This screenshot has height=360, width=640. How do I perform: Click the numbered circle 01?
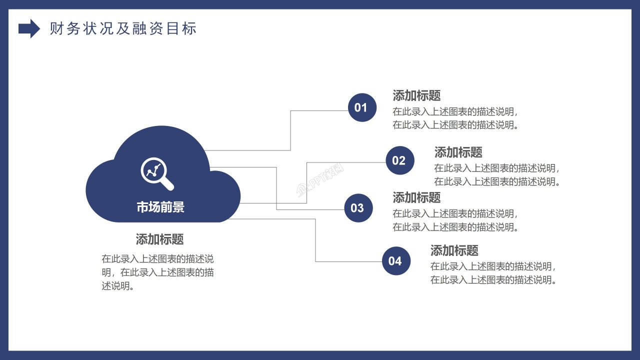[362, 107]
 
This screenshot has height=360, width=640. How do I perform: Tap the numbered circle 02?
[400, 160]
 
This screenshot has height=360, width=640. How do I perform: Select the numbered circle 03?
[358, 208]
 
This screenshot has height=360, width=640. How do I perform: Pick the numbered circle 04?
[396, 261]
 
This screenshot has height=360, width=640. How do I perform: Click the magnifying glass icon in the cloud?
[157, 173]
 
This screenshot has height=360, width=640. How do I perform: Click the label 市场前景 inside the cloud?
[160, 207]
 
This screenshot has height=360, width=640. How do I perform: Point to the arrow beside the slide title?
[29, 28]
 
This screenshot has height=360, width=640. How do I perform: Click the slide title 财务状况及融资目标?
[123, 28]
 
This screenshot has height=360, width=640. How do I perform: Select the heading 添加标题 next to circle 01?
[416, 95]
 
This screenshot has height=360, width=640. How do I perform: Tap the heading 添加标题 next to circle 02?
[458, 152]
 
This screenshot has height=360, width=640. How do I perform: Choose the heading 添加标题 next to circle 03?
[416, 197]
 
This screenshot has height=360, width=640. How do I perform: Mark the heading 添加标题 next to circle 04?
[454, 250]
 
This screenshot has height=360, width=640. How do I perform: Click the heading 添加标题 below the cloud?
[160, 239]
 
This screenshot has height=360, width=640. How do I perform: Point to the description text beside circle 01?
[455, 118]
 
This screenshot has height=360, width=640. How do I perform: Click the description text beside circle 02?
[496, 175]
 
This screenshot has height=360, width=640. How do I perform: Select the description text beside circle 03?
[455, 220]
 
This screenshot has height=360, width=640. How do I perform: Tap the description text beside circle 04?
[493, 273]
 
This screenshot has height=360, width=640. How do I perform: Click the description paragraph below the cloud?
[158, 272]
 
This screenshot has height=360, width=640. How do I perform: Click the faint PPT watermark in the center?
[320, 181]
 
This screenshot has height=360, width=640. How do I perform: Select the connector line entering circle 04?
[350, 261]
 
